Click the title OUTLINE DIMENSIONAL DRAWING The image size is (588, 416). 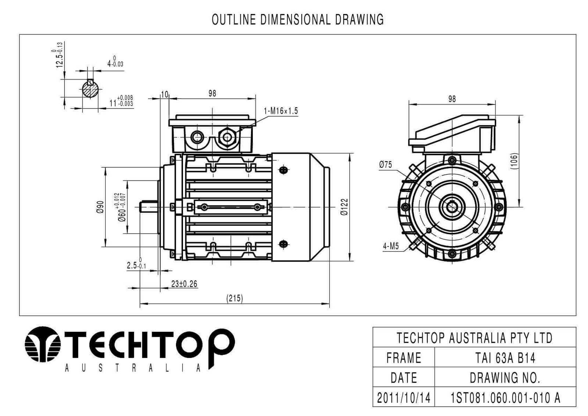[x=298, y=20]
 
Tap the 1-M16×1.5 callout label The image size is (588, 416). [x=281, y=111]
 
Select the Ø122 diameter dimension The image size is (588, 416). [x=344, y=207]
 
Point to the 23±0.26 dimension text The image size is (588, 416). [x=184, y=284]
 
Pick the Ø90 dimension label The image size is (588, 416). [x=100, y=207]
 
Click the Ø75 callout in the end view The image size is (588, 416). [x=386, y=165]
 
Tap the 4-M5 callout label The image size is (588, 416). [x=391, y=246]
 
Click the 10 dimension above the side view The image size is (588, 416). [x=165, y=94]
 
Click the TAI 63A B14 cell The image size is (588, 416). [x=505, y=358]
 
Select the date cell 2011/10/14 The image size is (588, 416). [x=404, y=398]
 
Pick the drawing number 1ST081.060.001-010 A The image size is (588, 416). [x=505, y=398]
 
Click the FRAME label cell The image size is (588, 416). [x=404, y=358]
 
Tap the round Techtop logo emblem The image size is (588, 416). [x=43, y=344]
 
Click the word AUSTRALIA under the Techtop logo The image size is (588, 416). [x=133, y=368]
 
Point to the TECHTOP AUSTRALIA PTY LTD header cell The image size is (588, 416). [x=474, y=338]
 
